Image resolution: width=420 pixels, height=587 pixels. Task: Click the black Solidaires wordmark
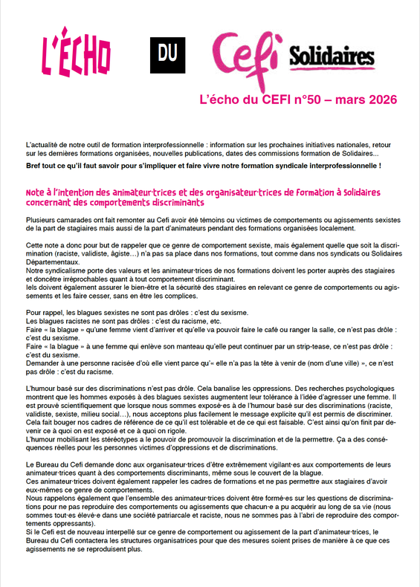[x=331, y=56]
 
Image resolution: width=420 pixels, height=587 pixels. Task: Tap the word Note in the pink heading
[x=37, y=192]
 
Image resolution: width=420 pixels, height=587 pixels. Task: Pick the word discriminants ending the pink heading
[x=175, y=202]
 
